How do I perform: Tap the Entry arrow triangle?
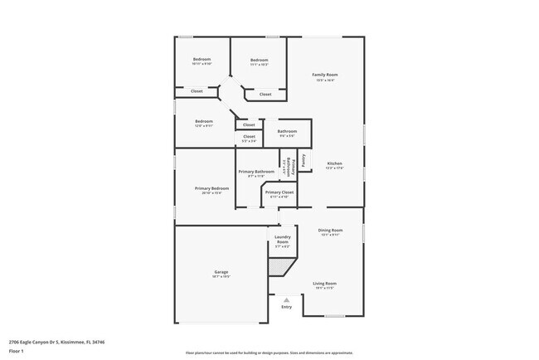(x=286, y=299)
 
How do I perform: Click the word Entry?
(x=286, y=307)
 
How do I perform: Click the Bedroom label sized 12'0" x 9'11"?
(x=204, y=122)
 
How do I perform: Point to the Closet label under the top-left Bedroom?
(x=197, y=91)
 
